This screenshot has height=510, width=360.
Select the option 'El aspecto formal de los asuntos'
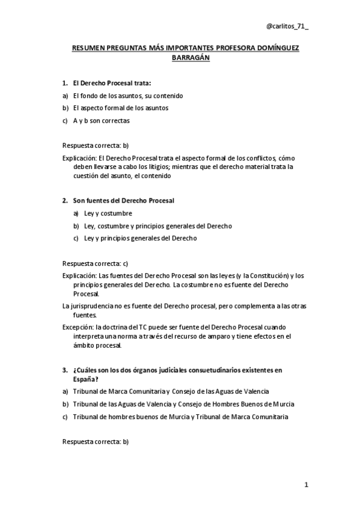click(121, 108)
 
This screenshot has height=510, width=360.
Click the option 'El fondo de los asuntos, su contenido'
click(128, 96)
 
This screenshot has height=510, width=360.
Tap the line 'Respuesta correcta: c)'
click(96, 263)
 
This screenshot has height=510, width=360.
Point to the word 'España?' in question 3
click(86, 378)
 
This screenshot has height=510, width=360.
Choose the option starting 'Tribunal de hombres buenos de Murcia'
click(180, 416)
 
